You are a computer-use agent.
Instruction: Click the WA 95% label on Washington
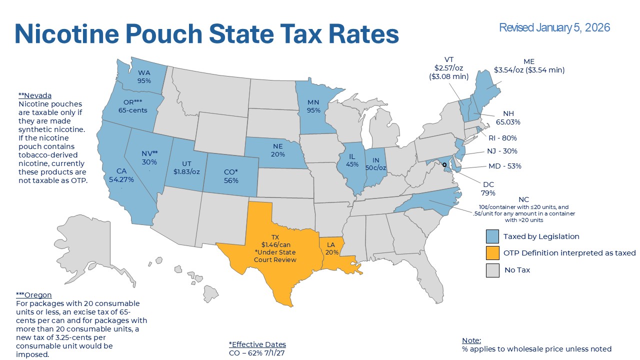144,76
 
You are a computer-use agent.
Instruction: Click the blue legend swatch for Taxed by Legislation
492,236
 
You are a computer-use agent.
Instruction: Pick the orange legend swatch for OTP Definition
492,253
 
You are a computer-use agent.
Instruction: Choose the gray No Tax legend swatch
492,270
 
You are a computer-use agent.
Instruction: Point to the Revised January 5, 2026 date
554,27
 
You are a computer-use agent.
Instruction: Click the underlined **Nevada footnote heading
35,95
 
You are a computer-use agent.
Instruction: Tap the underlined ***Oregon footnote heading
34,295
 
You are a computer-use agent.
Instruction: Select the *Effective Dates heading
257,344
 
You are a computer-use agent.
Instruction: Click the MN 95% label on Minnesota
313,106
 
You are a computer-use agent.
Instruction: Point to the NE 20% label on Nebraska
278,150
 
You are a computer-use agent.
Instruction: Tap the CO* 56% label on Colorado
231,176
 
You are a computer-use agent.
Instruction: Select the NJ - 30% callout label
501,151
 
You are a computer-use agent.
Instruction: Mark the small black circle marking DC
444,164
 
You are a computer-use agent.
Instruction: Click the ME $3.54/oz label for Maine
529,66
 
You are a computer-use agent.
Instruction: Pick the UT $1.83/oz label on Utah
186,167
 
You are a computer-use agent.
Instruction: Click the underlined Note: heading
471,340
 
